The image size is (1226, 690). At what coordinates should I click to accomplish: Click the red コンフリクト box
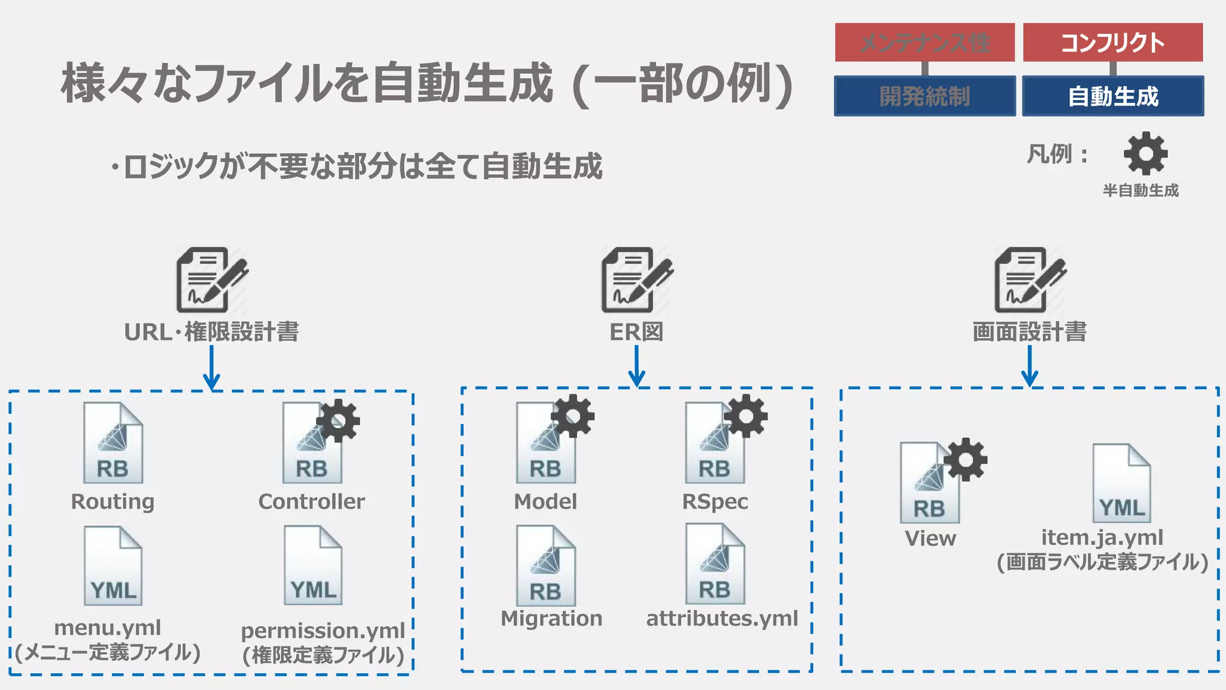(1112, 43)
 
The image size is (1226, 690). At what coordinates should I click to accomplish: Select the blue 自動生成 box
(1112, 96)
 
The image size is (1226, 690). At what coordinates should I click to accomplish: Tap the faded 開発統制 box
(924, 96)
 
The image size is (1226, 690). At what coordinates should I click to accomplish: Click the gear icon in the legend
(1145, 154)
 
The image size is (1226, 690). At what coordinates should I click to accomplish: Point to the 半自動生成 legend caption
(1140, 190)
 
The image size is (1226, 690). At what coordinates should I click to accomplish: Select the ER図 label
(636, 332)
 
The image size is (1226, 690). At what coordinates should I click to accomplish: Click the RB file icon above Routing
(113, 443)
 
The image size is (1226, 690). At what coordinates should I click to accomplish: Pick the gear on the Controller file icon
(338, 420)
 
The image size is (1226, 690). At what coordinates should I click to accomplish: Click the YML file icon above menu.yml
(113, 566)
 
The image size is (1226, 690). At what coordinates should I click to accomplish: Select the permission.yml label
(323, 631)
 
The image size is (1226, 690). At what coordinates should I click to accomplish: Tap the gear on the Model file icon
(572, 416)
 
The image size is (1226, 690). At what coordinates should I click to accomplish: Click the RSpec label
(715, 501)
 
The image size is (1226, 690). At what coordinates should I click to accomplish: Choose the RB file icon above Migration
(545, 566)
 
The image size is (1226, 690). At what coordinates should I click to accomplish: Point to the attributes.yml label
(722, 618)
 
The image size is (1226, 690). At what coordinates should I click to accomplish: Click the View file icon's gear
(965, 459)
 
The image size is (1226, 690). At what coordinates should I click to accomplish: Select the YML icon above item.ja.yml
(1121, 483)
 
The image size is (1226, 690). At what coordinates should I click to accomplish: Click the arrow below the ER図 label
(636, 367)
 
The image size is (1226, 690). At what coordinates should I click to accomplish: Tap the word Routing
(113, 501)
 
